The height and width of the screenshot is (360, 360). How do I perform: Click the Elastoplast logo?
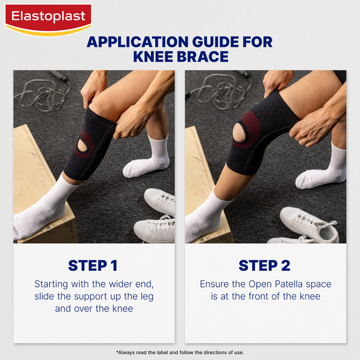pyautogui.click(x=48, y=17)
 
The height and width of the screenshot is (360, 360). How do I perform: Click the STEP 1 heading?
pyautogui.click(x=92, y=265)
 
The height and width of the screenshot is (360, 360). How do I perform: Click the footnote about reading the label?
pyautogui.click(x=180, y=352)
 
